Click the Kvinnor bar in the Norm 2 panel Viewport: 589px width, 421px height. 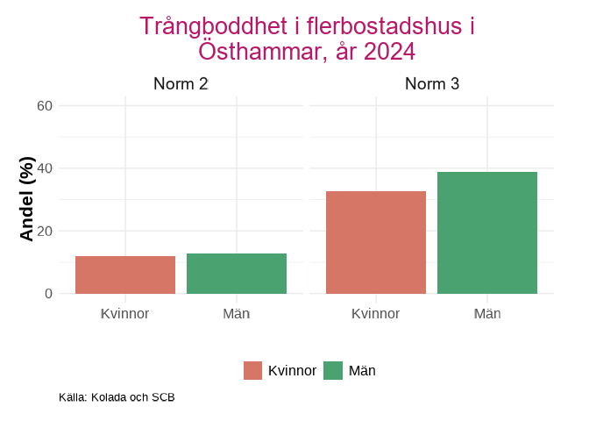point(125,275)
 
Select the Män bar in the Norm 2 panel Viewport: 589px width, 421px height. point(237,274)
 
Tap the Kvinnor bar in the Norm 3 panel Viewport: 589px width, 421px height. point(376,242)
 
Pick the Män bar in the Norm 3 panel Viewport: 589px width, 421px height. point(487,232)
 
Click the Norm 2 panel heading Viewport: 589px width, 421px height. point(181,84)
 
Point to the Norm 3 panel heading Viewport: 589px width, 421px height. point(432,84)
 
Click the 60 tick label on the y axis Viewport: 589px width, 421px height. point(45,106)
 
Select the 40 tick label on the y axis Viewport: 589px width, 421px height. point(45,168)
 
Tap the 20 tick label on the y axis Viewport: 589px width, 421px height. point(45,232)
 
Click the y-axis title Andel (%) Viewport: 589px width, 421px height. point(26,199)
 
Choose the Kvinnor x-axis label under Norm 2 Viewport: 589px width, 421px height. point(125,314)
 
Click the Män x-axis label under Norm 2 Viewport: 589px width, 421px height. point(237,314)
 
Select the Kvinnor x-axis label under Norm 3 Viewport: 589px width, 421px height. point(376,314)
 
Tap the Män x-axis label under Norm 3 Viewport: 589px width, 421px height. point(487,314)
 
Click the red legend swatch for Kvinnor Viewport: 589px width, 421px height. point(253,371)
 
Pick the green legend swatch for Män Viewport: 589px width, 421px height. point(333,371)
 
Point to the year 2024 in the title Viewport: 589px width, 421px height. point(389,53)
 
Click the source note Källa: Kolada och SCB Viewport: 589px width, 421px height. point(117,397)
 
